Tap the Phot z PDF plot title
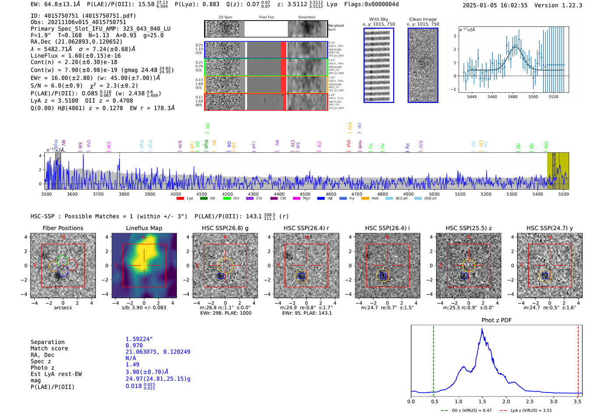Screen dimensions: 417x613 pos(496,320)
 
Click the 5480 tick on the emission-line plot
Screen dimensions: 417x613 pos(512,97)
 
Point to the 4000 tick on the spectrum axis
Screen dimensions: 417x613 pos(176,194)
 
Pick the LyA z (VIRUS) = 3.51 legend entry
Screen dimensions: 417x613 pos(527,410)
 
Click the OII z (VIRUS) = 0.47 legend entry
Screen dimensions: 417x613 pos(467,410)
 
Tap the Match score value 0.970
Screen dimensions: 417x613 pos(134,345)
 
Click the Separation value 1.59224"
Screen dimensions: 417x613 pos(139,339)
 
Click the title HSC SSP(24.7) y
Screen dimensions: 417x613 pos(550,228)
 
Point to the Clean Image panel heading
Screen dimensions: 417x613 pos(423,19)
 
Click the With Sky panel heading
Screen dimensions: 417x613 pos(378,19)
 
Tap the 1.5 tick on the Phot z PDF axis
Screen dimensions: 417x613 pos(482,401)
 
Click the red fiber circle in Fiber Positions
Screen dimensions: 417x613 pos(72,265)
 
